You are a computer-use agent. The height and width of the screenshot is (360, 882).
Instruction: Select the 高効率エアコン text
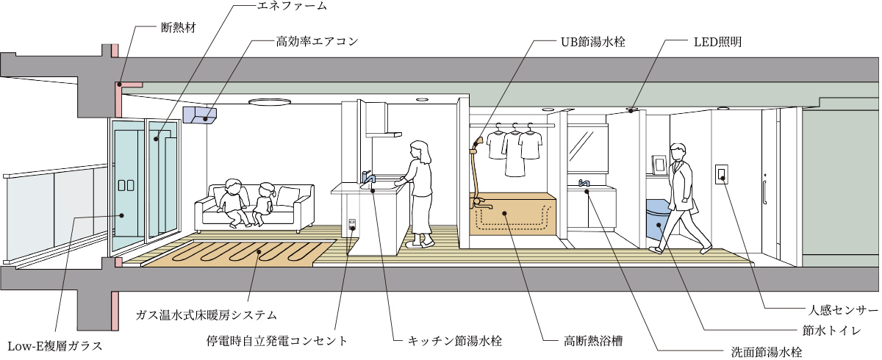[x=317, y=41]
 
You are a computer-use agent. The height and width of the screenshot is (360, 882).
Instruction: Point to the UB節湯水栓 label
[x=587, y=41]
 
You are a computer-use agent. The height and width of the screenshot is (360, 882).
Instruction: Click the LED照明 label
[x=717, y=41]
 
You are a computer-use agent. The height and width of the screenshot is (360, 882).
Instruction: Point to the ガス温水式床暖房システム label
[x=206, y=315]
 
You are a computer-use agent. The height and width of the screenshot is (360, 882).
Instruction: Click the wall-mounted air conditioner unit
[x=201, y=115]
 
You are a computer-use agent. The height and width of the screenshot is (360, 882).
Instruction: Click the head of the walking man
[x=676, y=150]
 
